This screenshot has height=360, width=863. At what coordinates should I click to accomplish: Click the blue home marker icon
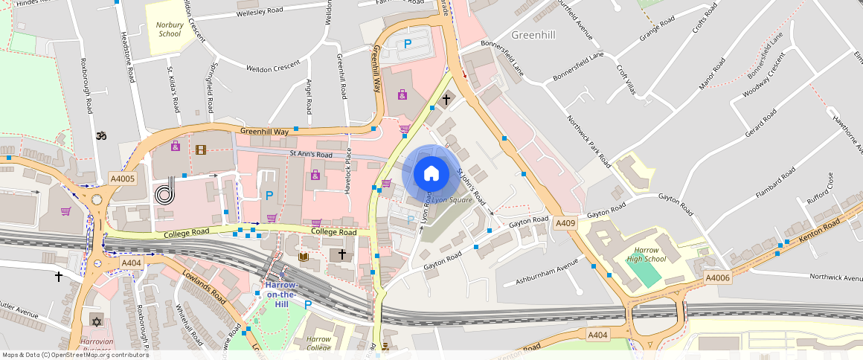(431, 174)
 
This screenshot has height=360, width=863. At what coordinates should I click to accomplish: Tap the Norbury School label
(169, 29)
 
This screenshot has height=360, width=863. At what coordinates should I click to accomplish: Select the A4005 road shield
(123, 179)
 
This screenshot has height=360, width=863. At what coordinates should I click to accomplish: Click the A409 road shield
(565, 222)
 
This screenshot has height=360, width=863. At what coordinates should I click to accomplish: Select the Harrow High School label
(646, 254)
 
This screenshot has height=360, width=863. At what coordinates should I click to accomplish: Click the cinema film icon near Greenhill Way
(200, 150)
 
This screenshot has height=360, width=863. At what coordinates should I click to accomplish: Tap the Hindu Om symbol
(102, 136)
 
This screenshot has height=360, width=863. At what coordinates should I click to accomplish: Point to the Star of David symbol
(95, 321)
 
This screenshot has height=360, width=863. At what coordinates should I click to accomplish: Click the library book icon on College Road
(304, 257)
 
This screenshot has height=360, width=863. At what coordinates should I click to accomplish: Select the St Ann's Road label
(311, 154)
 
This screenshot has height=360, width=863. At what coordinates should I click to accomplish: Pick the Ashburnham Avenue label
(547, 272)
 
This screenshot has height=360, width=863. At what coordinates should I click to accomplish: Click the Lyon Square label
(452, 201)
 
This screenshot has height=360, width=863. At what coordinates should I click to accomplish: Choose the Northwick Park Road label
(588, 141)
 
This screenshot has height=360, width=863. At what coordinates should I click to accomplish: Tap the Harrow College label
(318, 343)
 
